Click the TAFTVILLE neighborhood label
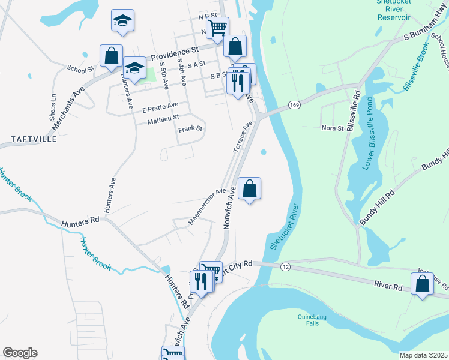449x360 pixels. [34, 139]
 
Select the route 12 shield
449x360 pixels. [285, 266]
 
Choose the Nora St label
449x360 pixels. [333, 128]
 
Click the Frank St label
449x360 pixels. [190, 129]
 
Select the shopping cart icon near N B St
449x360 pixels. [217, 27]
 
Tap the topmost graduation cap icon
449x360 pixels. [122, 21]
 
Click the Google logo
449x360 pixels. [19, 353]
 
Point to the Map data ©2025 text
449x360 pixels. [424, 355]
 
